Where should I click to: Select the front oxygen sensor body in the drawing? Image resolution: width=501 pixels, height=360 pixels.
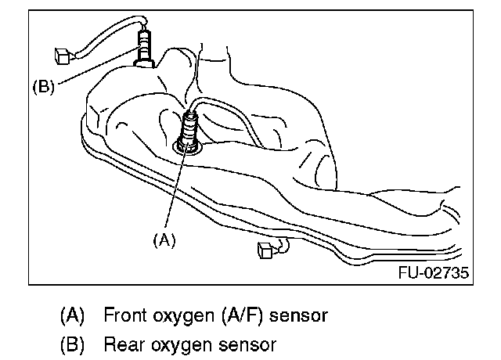(x=189, y=125)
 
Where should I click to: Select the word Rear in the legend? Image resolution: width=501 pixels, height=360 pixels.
(x=121, y=343)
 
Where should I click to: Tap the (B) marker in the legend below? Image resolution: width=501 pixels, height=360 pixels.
(x=72, y=343)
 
